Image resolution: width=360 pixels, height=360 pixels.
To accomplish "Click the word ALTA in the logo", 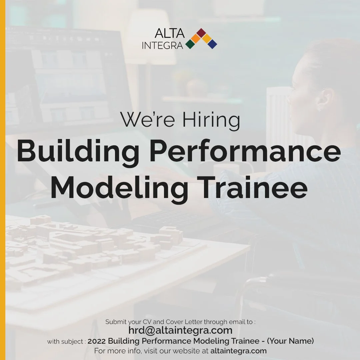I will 170,34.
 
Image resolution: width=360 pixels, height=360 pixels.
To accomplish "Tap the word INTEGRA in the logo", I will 162,45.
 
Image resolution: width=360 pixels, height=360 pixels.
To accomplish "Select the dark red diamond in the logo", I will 201,32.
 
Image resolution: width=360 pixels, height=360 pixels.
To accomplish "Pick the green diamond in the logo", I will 190,44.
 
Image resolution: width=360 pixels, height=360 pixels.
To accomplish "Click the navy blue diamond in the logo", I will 212,44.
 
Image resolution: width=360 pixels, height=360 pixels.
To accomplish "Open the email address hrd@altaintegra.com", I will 180,330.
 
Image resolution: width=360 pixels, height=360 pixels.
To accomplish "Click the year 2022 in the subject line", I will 97,341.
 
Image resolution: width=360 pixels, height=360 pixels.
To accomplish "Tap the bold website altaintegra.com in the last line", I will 238,351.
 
